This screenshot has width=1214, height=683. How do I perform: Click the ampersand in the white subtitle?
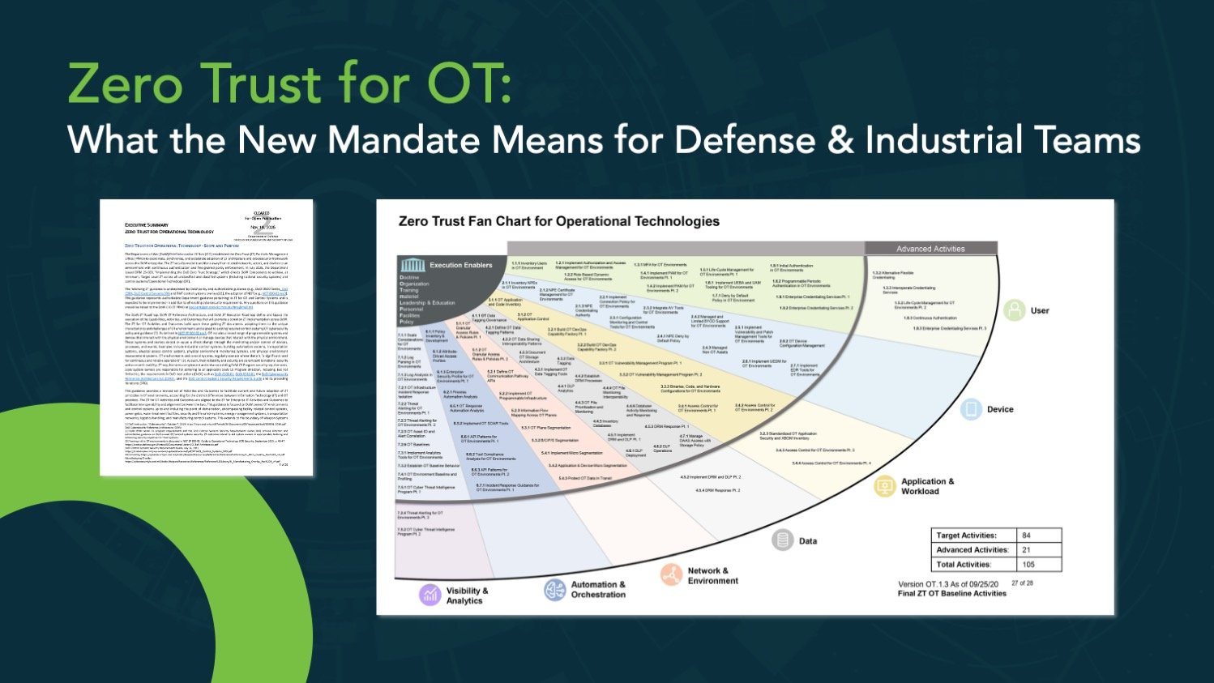click(840, 140)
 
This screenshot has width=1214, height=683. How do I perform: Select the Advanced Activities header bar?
click(930, 249)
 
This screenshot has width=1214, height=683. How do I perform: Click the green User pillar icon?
click(1015, 310)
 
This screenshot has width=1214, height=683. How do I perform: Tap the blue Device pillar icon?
click(971, 409)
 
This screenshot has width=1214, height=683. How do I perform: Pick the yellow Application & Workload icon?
click(884, 486)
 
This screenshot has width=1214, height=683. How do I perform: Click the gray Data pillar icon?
click(782, 540)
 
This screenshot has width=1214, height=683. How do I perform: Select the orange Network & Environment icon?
click(671, 575)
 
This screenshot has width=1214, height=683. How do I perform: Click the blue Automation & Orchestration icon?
click(555, 590)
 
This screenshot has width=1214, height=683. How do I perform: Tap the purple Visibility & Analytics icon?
click(430, 595)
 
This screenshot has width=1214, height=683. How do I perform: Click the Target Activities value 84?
click(1027, 536)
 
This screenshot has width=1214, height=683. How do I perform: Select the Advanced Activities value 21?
click(1027, 550)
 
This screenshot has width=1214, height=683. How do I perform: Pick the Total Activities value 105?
click(1028, 565)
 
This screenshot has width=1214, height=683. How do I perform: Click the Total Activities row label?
click(964, 565)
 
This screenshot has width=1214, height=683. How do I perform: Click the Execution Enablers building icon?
click(413, 265)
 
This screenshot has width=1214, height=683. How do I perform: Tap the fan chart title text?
click(558, 221)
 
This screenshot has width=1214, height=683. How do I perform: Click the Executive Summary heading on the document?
click(147, 225)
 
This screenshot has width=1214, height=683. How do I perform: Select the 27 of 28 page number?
click(1022, 583)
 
